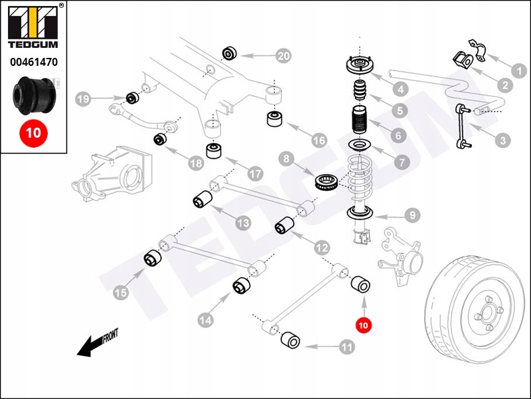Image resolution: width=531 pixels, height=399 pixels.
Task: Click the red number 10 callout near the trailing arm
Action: click(363, 325)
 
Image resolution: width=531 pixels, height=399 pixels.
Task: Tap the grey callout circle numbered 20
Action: click(283, 57)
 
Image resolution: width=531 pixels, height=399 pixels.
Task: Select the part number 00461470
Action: click(33, 63)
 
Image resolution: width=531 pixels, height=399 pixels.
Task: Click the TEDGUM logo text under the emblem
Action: click(33, 47)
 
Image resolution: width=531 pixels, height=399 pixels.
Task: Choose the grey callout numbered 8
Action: click(286, 159)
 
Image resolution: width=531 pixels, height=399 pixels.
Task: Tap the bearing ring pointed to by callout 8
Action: click(327, 181)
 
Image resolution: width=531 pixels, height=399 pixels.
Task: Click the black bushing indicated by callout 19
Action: click(131, 98)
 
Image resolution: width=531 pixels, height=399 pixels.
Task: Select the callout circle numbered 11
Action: click(346, 346)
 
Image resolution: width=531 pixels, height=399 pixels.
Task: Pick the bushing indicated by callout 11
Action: click(290, 340)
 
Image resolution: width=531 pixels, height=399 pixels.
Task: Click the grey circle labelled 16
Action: click(319, 141)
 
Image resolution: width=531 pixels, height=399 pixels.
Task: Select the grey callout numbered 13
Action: click(243, 223)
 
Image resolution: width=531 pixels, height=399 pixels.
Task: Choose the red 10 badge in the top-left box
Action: click(33, 132)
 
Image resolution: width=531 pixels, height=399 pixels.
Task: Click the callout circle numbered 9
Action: click(412, 215)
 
